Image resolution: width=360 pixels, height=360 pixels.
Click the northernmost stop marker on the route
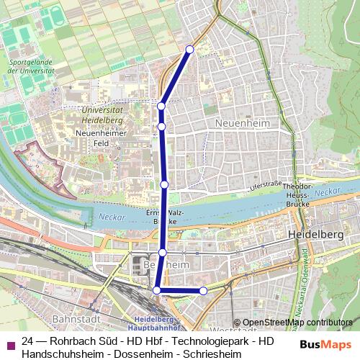pos(190,49)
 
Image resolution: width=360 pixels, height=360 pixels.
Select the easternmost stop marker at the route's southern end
pos(203,291)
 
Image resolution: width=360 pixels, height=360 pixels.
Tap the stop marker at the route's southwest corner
pos(157,290)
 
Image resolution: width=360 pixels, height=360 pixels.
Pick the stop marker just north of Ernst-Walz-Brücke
pos(165,185)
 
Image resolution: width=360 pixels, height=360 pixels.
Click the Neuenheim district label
pos(242,123)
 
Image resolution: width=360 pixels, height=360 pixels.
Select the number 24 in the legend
pos(28,341)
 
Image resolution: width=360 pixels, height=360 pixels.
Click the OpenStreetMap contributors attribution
pos(297,322)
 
